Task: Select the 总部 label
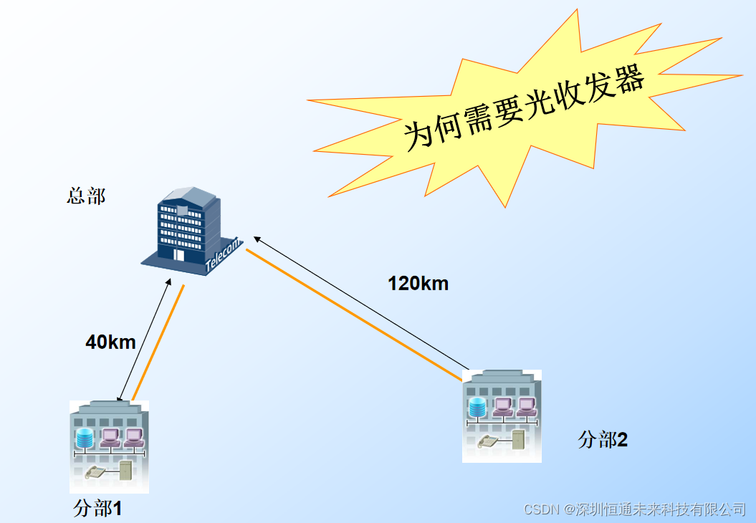tap(86, 196)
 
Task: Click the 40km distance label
tap(110, 342)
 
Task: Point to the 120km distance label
tap(418, 284)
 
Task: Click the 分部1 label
tap(97, 509)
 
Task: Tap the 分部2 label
tap(603, 440)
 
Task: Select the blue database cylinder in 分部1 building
tap(85, 437)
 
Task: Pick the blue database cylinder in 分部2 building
tap(478, 408)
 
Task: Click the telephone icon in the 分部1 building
tap(95, 472)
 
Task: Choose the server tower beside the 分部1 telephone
tap(125, 471)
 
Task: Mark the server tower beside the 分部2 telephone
tap(518, 438)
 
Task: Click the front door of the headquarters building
tap(178, 255)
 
